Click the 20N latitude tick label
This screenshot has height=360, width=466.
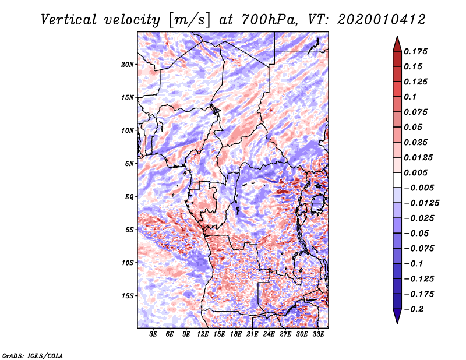point(128,64)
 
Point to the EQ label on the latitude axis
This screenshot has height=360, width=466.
point(129,196)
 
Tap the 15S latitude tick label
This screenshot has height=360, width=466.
point(128,296)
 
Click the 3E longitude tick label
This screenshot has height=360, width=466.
point(154,335)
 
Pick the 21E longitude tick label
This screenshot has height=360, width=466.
point(252,335)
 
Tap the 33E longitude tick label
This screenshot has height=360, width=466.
point(318,335)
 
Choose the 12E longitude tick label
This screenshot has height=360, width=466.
point(203,335)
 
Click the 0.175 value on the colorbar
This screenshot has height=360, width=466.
point(417,51)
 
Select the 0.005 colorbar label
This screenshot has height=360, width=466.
point(417,172)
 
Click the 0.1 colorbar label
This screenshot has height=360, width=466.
point(412,97)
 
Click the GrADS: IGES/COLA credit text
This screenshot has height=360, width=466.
point(32,355)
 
